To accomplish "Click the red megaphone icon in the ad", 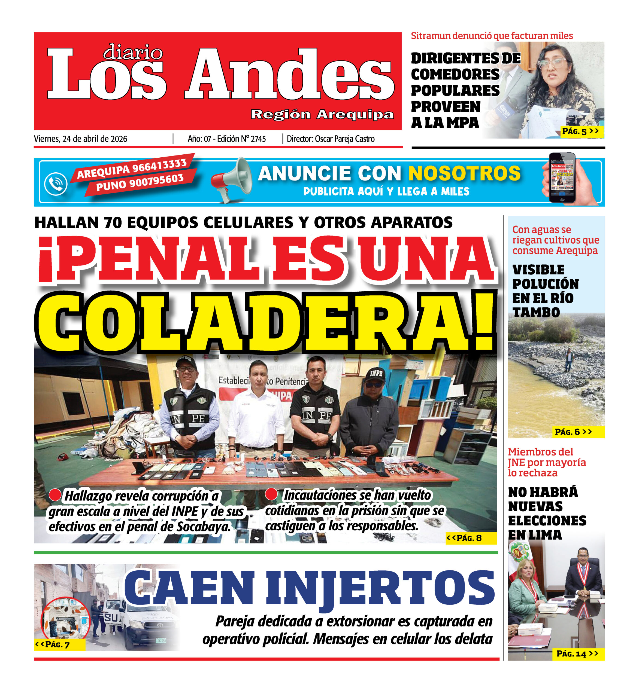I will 231,179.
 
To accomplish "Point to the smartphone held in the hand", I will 562,177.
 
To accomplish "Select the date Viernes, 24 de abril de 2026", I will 80,139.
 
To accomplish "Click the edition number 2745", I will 258,139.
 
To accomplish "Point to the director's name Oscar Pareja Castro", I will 345,139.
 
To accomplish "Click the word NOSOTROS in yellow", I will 464,173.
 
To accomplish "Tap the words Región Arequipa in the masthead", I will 322,114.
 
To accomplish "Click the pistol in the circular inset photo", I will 65,620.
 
